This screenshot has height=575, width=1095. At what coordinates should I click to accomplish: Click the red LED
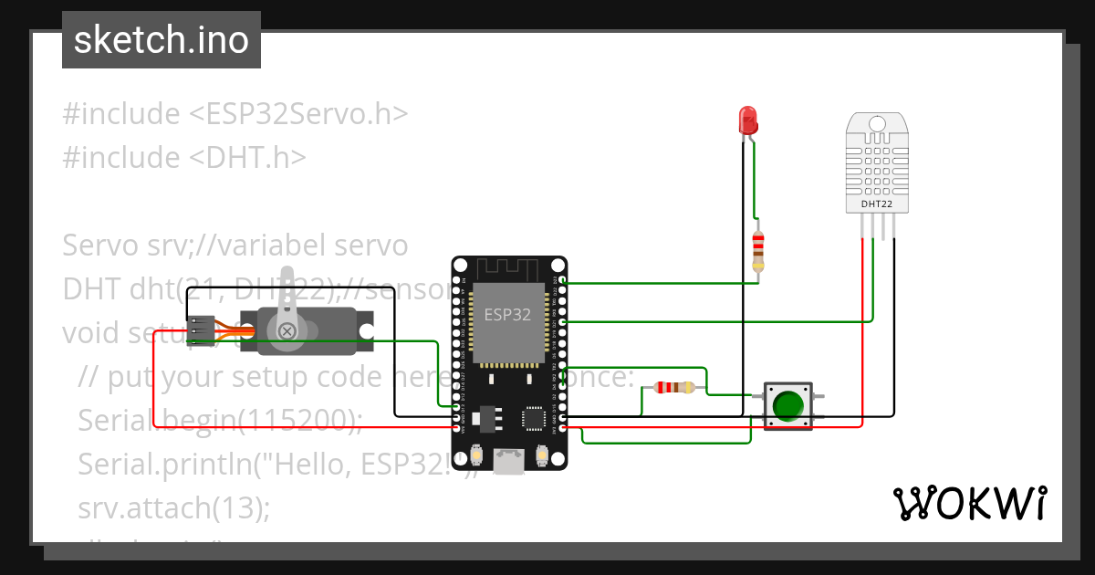coord(747,120)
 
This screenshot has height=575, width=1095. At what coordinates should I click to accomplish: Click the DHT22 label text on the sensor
coord(876,204)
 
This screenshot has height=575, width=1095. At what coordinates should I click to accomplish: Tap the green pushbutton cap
coord(787,405)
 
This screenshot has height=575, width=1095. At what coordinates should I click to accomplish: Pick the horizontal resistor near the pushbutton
coord(673,387)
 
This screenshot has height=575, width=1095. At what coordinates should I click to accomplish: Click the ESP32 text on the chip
coord(507,315)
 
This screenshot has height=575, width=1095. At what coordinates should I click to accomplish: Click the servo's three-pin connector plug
coord(202,329)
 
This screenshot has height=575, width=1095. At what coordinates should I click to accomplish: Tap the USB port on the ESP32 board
coord(508,460)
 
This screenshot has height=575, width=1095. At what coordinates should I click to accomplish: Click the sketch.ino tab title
coord(161,40)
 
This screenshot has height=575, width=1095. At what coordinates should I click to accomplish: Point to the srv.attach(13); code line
coord(173,507)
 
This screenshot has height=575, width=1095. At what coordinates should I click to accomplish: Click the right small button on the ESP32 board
coord(542,454)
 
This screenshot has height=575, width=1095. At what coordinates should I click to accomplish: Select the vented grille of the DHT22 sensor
coord(876,164)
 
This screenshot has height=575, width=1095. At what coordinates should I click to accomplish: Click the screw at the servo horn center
coord(287,330)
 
